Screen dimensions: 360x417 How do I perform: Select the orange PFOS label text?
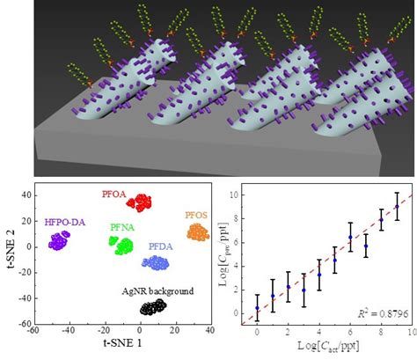click(198, 214)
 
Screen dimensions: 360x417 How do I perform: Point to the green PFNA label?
click(122, 227)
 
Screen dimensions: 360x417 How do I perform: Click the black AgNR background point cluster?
click(152, 306)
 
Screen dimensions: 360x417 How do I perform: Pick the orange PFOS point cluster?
click(198, 232)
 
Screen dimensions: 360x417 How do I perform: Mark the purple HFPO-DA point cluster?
click(60, 240)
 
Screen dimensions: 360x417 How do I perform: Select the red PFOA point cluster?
click(140, 202)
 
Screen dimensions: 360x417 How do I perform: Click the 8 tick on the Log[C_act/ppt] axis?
click(381, 333)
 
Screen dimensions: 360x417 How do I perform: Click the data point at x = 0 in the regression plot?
click(257, 308)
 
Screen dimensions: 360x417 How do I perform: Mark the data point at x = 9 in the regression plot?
click(397, 206)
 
